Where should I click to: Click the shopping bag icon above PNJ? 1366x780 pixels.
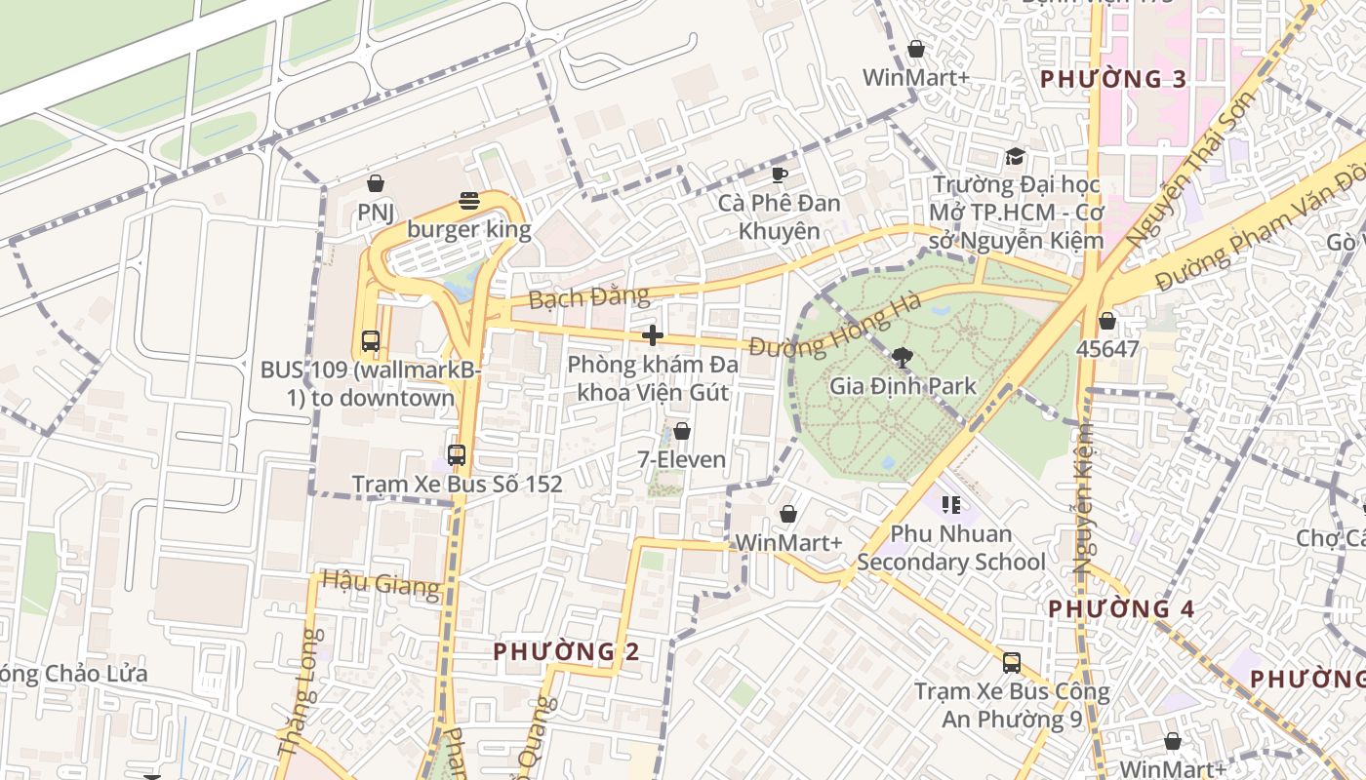click(x=375, y=183)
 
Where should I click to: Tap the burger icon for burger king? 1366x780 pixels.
click(x=469, y=202)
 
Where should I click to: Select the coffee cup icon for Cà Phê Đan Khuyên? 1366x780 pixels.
click(x=779, y=175)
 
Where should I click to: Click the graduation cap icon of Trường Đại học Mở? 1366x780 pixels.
click(x=1015, y=157)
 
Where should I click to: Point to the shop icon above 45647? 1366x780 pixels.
click(x=1107, y=321)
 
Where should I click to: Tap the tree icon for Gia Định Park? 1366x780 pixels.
click(x=903, y=358)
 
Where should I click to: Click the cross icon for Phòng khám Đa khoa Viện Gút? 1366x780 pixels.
click(x=653, y=336)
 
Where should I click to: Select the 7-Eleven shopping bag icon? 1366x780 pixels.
click(x=682, y=431)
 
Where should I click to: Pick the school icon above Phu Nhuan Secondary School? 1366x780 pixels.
click(x=951, y=505)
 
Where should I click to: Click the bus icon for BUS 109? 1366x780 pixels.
click(x=370, y=341)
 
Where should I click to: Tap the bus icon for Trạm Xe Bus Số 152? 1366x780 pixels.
click(x=457, y=454)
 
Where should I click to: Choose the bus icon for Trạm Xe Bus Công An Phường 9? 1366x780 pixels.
click(x=1012, y=663)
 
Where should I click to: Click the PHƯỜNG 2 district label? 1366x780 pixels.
click(x=566, y=651)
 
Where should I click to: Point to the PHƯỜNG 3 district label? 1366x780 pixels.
click(x=1113, y=80)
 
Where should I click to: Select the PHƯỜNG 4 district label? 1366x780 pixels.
click(x=1121, y=609)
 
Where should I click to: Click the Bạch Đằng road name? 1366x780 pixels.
click(x=588, y=297)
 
